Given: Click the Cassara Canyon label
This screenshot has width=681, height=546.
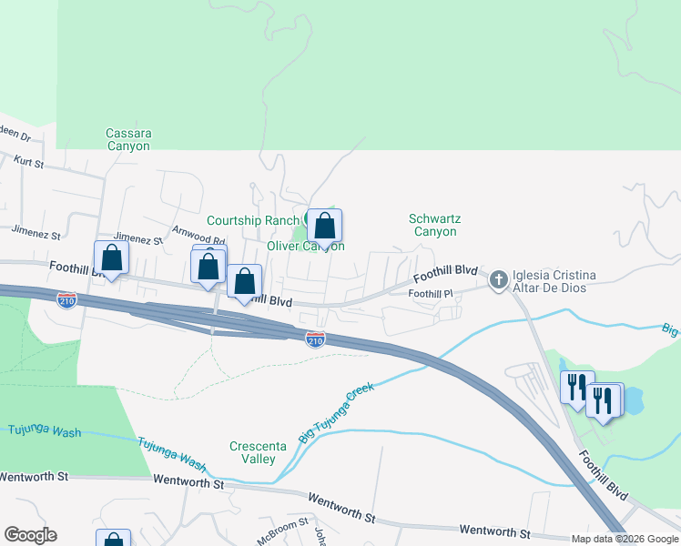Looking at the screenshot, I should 129,139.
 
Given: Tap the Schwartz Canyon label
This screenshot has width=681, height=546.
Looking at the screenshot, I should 432,225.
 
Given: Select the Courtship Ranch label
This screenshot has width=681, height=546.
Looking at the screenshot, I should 246,220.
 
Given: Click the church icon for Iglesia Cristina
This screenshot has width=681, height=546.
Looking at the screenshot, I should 498,279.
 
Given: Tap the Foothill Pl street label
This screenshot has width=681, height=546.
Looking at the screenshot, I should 431,294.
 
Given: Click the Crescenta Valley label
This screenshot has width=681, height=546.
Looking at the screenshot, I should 252,452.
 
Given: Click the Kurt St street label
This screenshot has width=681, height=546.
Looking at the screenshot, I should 30,160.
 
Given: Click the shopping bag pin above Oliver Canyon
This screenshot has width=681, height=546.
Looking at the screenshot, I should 324,226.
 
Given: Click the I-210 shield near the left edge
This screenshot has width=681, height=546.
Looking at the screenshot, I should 66,300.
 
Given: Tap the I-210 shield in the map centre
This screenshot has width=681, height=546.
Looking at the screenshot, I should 315,339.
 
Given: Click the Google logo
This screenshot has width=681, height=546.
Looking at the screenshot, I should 30,535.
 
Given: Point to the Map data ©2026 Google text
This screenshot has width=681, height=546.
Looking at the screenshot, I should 625,539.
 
